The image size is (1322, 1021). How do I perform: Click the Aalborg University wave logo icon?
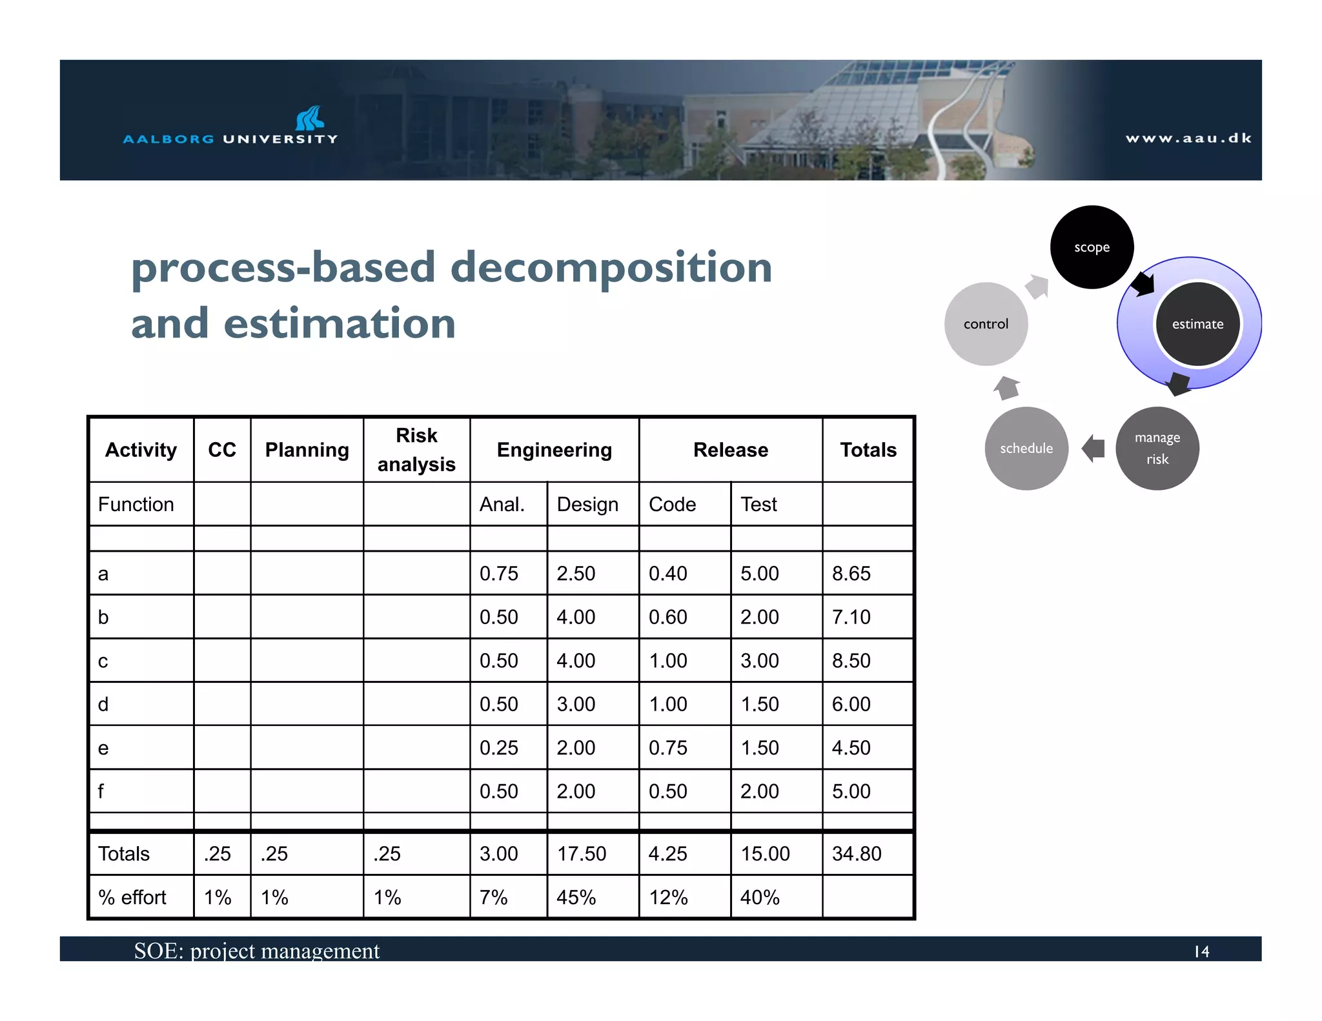click(310, 118)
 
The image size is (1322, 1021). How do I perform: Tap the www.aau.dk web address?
click(1188, 138)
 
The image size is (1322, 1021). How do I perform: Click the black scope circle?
click(1092, 247)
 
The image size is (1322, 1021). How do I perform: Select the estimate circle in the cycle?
click(1197, 324)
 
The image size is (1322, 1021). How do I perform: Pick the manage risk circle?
click(1157, 449)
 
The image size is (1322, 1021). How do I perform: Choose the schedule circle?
click(1026, 449)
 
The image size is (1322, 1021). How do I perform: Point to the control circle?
click(986, 324)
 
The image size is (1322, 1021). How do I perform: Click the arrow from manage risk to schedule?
click(1093, 449)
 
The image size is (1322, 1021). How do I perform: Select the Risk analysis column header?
click(416, 450)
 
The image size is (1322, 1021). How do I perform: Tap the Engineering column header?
click(554, 450)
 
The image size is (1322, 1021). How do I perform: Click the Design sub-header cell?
click(587, 504)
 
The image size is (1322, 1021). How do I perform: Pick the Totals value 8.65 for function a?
click(851, 573)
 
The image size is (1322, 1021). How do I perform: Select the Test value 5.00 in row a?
click(759, 573)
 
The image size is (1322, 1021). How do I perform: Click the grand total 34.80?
click(856, 854)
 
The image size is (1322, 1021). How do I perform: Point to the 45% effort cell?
click(576, 897)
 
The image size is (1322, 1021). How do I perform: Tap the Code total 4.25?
click(667, 854)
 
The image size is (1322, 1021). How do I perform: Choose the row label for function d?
click(103, 704)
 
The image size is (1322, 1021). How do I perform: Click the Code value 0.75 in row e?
click(667, 747)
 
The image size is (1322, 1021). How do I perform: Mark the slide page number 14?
click(1201, 951)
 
